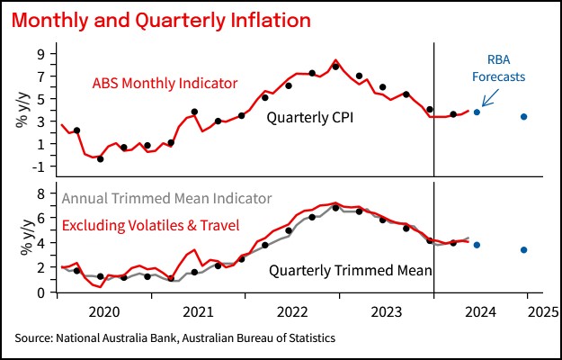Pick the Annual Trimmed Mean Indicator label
[166, 199]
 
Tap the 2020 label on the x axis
[105, 312]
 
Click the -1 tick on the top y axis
[39, 166]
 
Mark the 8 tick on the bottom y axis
[41, 193]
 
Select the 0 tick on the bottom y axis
[41, 292]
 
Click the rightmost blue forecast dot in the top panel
[524, 116]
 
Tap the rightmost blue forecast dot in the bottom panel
[524, 249]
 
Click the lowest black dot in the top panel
[100, 158]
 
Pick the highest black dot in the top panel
[335, 67]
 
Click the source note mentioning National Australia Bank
[174, 338]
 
